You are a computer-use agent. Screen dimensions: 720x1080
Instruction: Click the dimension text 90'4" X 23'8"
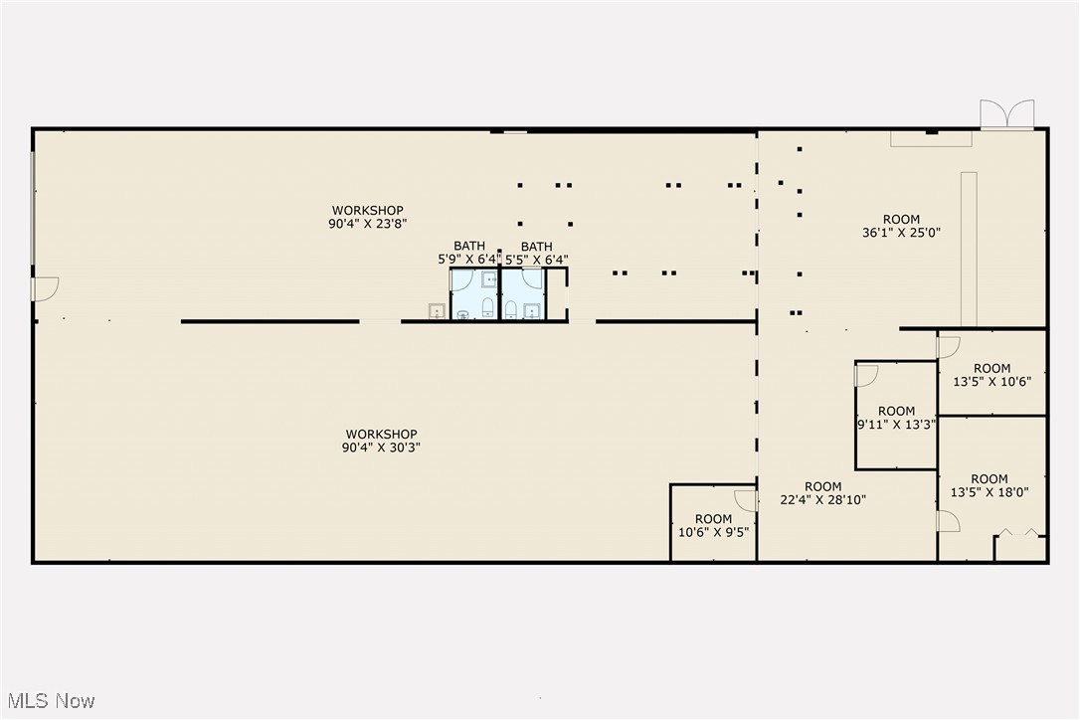(368, 225)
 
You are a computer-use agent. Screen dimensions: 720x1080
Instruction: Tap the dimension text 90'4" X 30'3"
(381, 448)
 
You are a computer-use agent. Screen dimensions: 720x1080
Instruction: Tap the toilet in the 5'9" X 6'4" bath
(487, 307)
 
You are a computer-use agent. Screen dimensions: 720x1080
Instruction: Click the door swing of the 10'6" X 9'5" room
(746, 498)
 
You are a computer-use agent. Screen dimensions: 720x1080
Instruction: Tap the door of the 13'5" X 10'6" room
(949, 347)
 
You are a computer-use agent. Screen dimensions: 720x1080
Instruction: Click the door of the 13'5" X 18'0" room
(948, 521)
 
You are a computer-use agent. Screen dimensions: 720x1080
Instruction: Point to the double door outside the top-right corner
(1007, 114)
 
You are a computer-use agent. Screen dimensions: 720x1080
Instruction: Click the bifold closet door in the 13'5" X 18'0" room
(1019, 533)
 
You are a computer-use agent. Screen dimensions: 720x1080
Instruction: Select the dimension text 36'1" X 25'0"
(901, 233)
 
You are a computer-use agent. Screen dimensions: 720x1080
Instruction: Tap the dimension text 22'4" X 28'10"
(822, 500)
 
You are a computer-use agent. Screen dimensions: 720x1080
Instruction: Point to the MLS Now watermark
(49, 701)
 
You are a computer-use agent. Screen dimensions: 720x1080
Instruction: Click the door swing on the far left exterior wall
(46, 287)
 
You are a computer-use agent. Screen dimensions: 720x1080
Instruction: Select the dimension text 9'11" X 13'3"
(896, 425)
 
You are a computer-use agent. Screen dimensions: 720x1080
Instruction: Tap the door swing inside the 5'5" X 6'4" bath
(533, 277)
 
